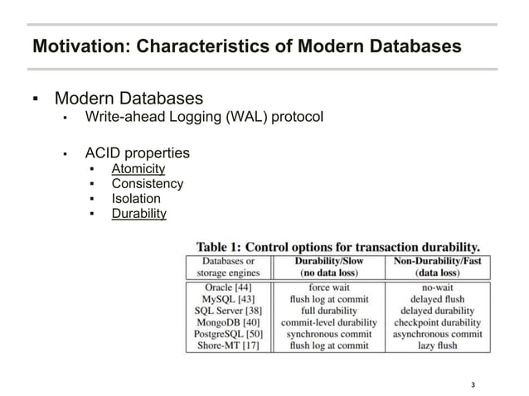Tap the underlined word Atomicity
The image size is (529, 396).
[138, 169]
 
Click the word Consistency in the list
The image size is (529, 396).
[148, 184]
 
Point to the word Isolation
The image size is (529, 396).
[136, 199]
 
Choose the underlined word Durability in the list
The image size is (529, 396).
[138, 214]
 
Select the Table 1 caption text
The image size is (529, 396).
[337, 246]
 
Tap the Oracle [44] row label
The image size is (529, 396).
[229, 287]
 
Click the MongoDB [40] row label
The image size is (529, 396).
[229, 322]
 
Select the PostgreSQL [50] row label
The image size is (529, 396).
[229, 334]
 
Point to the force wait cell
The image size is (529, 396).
[328, 287]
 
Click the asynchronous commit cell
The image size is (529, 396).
[437, 334]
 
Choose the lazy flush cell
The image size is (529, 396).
[437, 345]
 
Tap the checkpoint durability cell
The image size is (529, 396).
[437, 322]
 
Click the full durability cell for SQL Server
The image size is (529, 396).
[328, 311]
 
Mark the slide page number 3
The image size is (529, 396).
[473, 384]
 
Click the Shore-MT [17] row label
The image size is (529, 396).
[229, 345]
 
